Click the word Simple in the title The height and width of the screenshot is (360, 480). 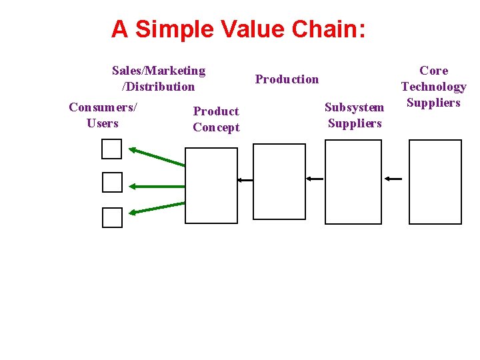170,29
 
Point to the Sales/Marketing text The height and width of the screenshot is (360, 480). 159,71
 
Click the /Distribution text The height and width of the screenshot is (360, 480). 158,87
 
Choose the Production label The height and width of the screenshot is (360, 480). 287,79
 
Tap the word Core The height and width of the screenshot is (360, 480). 433,71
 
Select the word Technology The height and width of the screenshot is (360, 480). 433,87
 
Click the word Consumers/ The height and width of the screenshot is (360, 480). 103,107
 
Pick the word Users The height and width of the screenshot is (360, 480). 103,123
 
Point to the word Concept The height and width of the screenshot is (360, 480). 216,127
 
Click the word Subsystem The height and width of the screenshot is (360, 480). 355,107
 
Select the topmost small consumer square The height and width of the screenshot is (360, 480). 112,149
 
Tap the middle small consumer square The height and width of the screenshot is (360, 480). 112,182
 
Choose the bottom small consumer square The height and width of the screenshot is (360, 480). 112,217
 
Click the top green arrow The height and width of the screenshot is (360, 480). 157,157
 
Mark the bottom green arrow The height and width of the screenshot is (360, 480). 157,207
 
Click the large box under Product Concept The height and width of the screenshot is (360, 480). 211,185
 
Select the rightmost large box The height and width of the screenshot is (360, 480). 435,181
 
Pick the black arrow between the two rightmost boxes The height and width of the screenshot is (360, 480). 393,179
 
